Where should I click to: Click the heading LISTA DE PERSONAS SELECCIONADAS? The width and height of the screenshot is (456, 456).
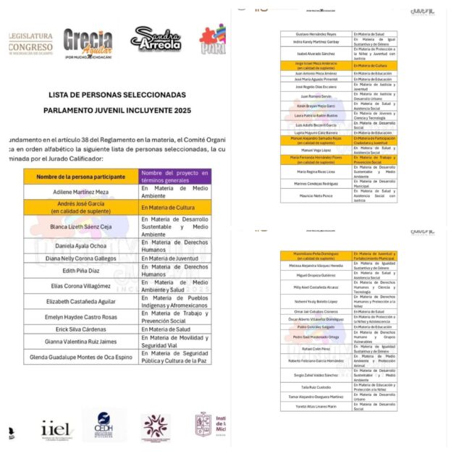[x=117, y=95]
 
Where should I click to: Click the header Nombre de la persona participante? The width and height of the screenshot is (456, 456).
[x=81, y=177]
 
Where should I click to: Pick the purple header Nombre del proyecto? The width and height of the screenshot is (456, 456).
[x=175, y=177]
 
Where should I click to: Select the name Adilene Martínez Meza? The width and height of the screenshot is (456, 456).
[x=81, y=192]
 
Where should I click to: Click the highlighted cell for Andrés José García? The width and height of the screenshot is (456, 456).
[x=81, y=207]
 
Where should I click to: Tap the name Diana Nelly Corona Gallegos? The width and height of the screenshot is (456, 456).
[x=81, y=258]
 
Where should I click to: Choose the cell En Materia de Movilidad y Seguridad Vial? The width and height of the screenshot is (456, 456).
[x=175, y=341]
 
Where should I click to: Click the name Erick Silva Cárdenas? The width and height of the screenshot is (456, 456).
[x=81, y=329]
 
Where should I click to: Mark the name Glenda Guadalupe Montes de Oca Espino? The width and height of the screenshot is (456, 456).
[x=81, y=357]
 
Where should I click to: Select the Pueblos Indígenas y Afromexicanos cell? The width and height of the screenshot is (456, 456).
[x=175, y=300]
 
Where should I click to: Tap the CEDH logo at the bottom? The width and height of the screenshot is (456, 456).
[x=104, y=426]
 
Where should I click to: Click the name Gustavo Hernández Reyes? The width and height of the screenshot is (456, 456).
[x=316, y=34]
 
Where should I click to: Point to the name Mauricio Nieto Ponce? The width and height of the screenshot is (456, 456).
[x=316, y=195]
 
